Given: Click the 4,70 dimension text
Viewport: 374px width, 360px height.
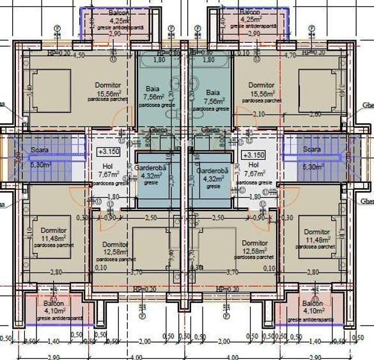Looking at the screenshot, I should [289, 56].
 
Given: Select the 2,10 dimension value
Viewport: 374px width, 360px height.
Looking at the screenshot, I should [258, 114].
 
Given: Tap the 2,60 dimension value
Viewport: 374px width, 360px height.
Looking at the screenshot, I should [316, 114].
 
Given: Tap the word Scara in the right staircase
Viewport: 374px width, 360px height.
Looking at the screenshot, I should [312, 149].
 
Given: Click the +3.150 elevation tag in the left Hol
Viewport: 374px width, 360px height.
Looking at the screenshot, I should [109, 153].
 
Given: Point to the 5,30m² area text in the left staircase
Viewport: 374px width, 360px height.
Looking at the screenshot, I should [40, 164].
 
